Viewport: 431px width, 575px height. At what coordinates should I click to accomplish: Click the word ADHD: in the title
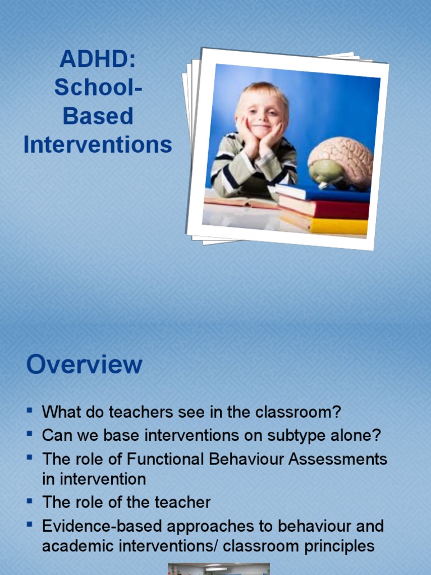(x=98, y=60)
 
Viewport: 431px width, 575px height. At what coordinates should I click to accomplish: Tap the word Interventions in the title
(x=98, y=145)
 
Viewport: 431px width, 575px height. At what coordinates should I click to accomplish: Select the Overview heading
(x=84, y=364)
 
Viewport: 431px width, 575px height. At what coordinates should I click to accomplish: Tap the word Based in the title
(x=98, y=117)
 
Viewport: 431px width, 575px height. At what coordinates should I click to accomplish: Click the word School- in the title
(x=98, y=88)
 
